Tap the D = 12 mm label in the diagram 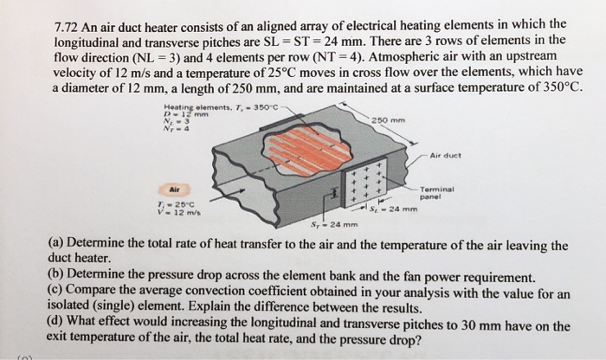(177, 108)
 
